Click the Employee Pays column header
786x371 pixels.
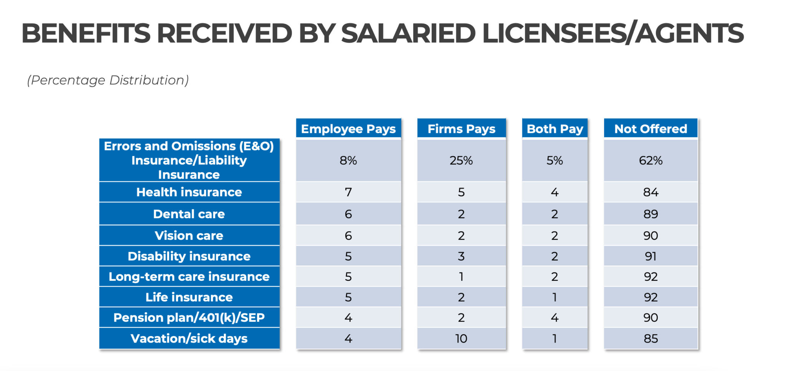click(348, 129)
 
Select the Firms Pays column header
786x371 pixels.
click(461, 129)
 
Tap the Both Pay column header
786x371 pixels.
click(555, 129)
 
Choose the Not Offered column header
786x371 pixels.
click(651, 129)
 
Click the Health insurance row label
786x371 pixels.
click(189, 192)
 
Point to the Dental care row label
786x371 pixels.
click(189, 214)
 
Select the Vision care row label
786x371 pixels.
click(189, 235)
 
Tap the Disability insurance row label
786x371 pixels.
click(189, 256)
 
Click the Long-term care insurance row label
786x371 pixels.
click(189, 277)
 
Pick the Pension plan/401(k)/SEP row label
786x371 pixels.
click(189, 318)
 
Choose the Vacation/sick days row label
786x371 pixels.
click(189, 338)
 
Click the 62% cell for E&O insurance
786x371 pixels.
click(651, 160)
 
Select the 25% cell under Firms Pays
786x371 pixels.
click(461, 160)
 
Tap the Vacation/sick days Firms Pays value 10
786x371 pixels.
click(461, 338)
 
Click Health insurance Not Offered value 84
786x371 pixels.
click(651, 192)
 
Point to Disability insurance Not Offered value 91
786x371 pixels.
click(651, 256)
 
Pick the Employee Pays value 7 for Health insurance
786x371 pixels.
click(348, 192)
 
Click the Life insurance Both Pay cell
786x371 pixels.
click(555, 297)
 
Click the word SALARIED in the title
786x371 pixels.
click(408, 33)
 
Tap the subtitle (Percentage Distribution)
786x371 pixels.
click(108, 80)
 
